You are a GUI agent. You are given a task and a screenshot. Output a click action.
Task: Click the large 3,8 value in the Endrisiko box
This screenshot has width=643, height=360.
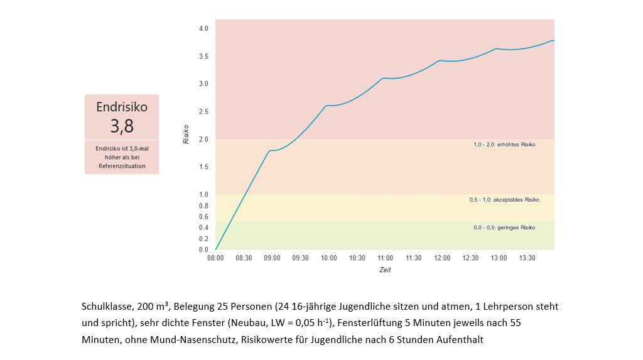122,126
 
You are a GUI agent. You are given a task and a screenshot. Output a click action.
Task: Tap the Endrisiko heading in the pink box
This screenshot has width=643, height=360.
122,107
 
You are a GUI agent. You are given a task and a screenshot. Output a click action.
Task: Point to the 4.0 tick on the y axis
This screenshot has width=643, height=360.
203,28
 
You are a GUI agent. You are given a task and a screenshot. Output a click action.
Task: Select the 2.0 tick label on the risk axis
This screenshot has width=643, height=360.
203,139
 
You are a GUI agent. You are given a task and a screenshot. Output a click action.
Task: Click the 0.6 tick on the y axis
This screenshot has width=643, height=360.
203,217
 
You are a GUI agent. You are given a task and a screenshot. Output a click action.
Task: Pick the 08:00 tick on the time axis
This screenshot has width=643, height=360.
215,258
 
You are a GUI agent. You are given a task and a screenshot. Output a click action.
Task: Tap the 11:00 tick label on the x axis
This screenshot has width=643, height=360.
386,258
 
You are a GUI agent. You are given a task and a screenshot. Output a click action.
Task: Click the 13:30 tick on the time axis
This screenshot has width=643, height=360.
527,258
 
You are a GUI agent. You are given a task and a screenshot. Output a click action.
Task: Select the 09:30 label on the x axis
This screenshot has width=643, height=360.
300,258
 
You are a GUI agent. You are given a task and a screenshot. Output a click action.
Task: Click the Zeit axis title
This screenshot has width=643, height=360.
385,270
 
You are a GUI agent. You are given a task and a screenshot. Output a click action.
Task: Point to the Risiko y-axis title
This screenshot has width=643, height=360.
186,134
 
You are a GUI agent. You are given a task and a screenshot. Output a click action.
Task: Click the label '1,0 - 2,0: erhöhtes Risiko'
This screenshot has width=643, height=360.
504,145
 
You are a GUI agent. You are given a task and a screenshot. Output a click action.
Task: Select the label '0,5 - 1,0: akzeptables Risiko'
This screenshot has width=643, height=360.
504,200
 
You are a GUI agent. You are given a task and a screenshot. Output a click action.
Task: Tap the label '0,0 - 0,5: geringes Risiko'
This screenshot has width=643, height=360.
504,227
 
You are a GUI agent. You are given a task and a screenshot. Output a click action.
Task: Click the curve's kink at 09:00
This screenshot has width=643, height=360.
270,151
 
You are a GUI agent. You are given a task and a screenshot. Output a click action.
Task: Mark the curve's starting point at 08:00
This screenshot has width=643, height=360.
215,249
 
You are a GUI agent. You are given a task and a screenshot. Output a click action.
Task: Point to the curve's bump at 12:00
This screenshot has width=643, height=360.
441,61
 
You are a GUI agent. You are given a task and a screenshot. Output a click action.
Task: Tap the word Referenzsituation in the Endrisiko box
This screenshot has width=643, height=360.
122,166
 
